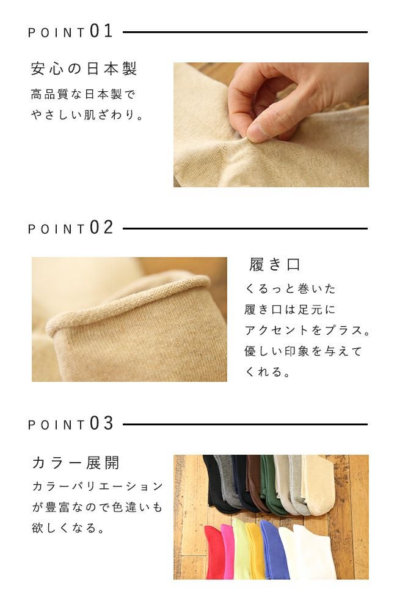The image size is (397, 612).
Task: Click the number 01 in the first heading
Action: pyautogui.click(x=101, y=31)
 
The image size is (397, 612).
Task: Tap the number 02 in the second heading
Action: pyautogui.click(x=101, y=228)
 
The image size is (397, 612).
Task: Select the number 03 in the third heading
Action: pyautogui.click(x=101, y=424)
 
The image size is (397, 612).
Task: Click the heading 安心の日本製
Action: pyautogui.click(x=84, y=69)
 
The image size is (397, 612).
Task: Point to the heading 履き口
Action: pyautogui.click(x=275, y=264)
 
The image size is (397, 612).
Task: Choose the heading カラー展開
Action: pyautogui.click(x=75, y=462)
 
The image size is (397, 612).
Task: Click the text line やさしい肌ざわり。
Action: pyautogui.click(x=88, y=114)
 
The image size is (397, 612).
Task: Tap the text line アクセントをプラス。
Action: pyautogui.click(x=307, y=330)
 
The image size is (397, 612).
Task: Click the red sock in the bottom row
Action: pyautogui.click(x=213, y=551)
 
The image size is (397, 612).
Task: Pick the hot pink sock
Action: pyautogui.click(x=228, y=551)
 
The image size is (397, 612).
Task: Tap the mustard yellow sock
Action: pyautogui.click(x=255, y=551)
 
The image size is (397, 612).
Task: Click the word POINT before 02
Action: pyautogui.click(x=56, y=229)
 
